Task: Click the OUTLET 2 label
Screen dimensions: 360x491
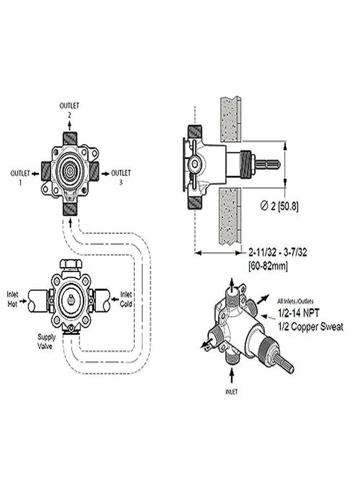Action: (69, 110)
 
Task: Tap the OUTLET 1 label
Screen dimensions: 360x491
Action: (20, 177)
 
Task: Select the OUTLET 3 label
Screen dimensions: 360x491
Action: (121, 177)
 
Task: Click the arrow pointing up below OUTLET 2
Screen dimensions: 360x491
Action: (69, 126)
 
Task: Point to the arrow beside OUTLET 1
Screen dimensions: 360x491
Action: (35, 173)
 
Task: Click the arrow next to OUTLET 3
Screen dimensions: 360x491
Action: (105, 173)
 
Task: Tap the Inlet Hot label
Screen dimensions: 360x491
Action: (13, 299)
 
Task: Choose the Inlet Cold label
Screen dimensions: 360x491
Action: (126, 299)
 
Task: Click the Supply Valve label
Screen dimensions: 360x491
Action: (46, 342)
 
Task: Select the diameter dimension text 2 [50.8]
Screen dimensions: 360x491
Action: (279, 206)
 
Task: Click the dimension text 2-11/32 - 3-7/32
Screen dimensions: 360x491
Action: (278, 252)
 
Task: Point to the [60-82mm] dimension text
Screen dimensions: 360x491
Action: (268, 266)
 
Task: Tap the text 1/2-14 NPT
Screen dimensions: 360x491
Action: (299, 313)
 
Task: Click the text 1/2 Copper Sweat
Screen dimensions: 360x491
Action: (311, 327)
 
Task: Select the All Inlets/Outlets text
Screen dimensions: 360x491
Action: (295, 301)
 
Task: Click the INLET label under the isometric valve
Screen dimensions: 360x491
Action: (231, 391)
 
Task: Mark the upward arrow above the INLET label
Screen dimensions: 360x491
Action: (232, 375)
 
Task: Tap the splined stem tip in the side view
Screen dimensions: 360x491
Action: (268, 164)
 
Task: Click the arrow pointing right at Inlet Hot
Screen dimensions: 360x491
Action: (23, 301)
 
